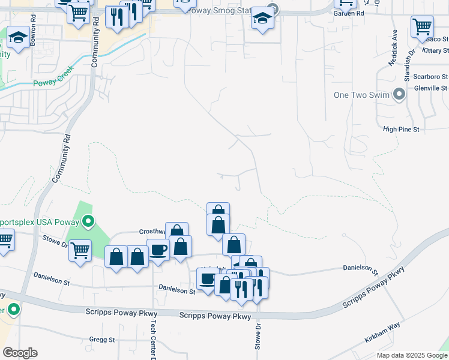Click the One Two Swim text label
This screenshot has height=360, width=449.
point(361,95)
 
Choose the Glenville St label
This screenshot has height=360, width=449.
point(431,88)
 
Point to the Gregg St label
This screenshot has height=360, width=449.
point(101,340)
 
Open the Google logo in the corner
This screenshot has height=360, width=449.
point(20,353)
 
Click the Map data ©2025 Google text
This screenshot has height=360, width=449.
point(411,355)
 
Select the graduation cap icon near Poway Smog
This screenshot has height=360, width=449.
point(262,19)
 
